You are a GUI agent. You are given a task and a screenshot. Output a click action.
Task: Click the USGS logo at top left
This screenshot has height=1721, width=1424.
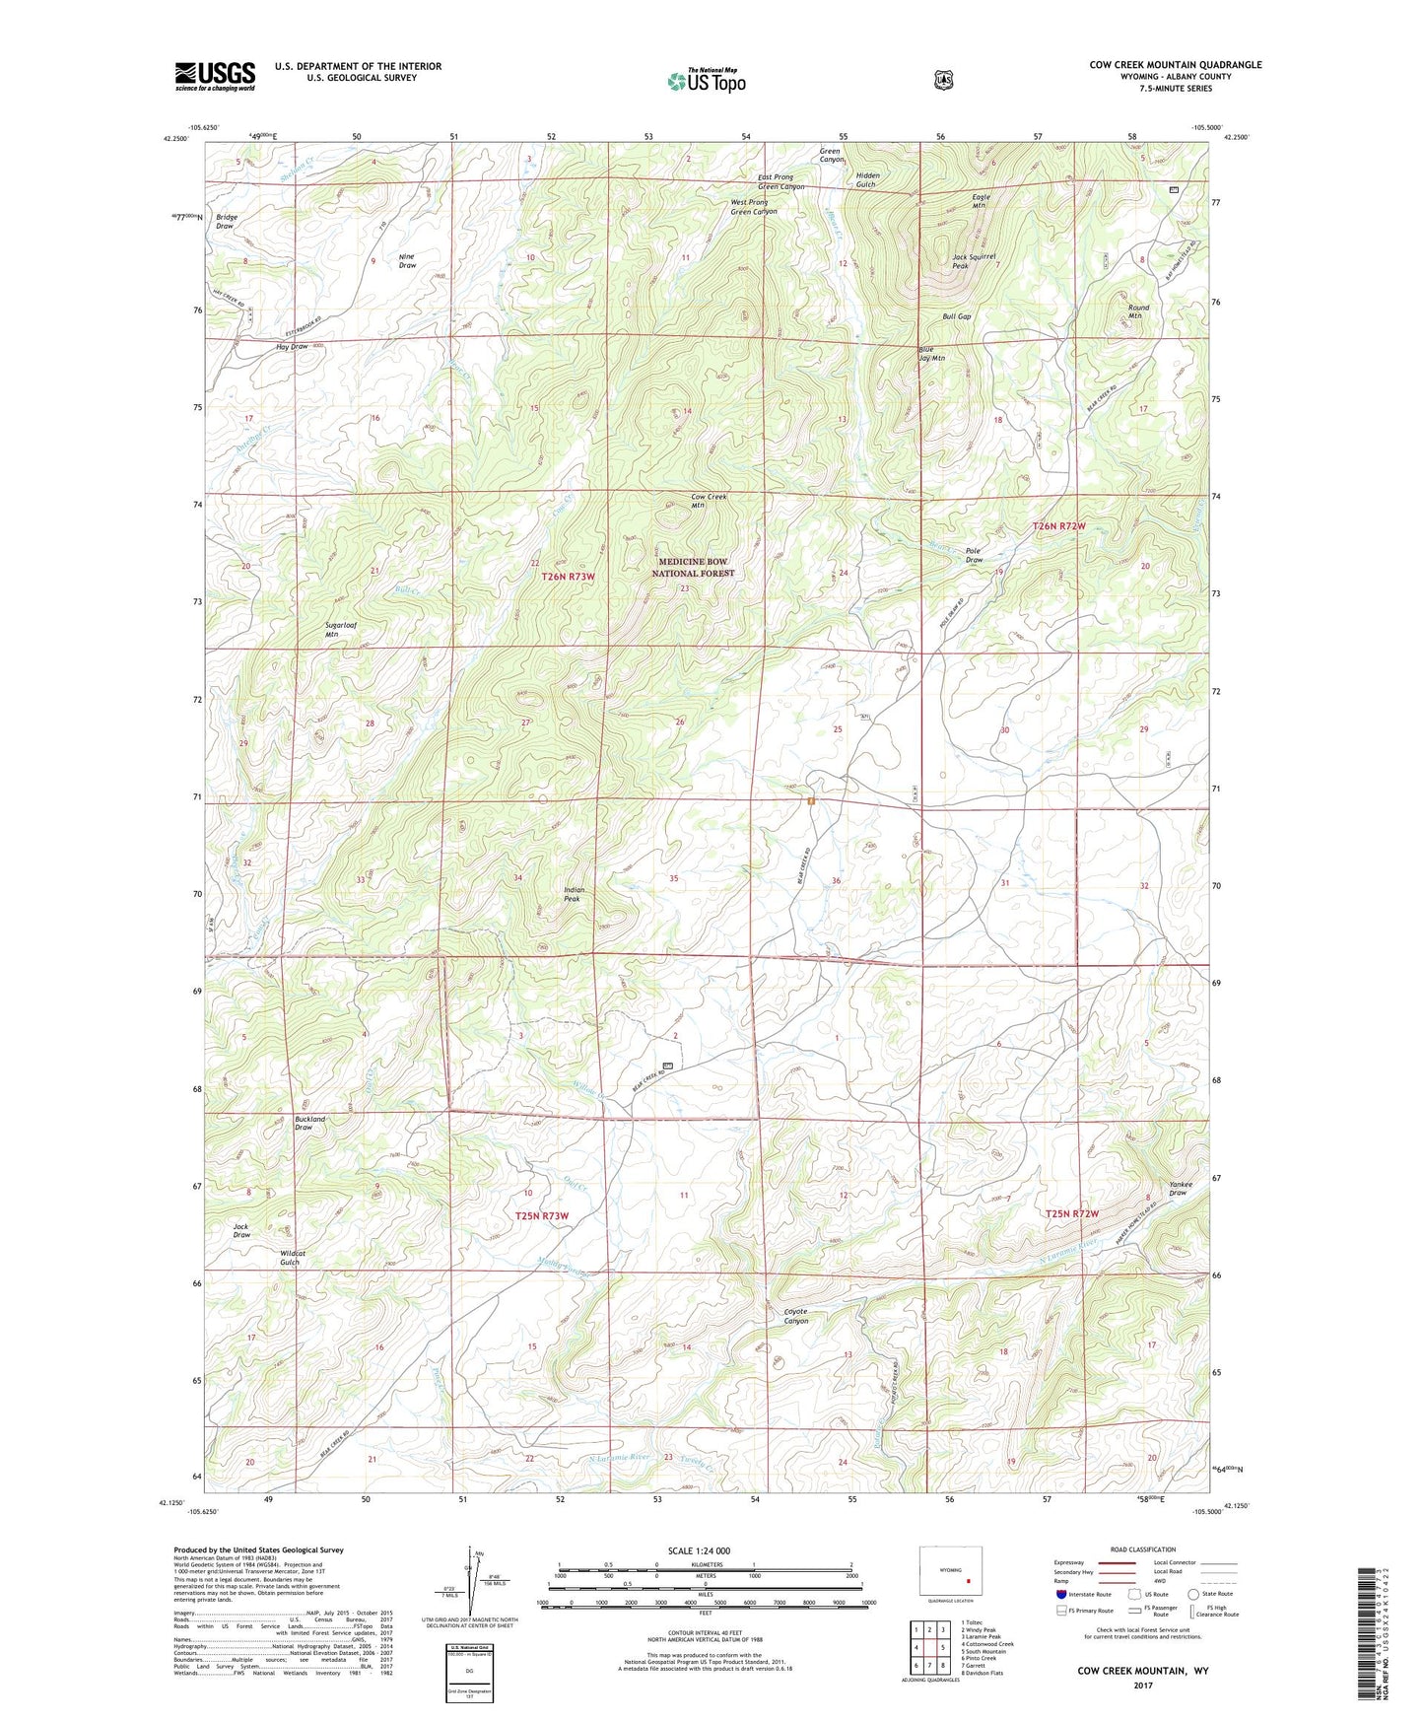(x=215, y=76)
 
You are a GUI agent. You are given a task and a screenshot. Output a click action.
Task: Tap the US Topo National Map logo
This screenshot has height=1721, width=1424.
(x=706, y=81)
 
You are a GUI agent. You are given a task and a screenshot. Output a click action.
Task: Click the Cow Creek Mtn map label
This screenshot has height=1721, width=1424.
(x=708, y=501)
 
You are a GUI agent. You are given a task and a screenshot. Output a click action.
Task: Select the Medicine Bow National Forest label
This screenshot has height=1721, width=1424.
(x=693, y=567)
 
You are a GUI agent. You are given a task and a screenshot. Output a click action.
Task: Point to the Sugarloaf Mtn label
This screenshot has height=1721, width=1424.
(x=345, y=630)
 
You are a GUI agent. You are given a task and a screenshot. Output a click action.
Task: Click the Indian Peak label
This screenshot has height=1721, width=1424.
(x=574, y=894)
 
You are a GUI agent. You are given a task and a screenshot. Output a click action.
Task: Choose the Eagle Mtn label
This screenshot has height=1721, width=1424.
(x=980, y=201)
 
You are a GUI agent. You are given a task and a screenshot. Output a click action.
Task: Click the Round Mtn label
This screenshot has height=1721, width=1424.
(x=1138, y=311)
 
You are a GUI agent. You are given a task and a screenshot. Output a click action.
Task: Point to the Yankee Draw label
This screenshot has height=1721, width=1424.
(x=1179, y=1188)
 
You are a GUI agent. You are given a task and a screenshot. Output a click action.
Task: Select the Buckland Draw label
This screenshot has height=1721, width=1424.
(x=309, y=1124)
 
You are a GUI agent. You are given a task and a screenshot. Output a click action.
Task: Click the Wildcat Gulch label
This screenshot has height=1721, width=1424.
(x=292, y=1258)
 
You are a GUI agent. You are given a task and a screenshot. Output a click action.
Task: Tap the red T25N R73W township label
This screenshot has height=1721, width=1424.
(x=542, y=1216)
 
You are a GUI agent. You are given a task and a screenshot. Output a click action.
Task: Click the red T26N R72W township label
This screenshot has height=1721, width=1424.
(x=1058, y=526)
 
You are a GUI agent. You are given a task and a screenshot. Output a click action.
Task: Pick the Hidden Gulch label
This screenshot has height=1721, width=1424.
(x=867, y=179)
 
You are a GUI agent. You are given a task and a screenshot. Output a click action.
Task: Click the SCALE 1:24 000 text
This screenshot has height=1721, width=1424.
(x=699, y=1550)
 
